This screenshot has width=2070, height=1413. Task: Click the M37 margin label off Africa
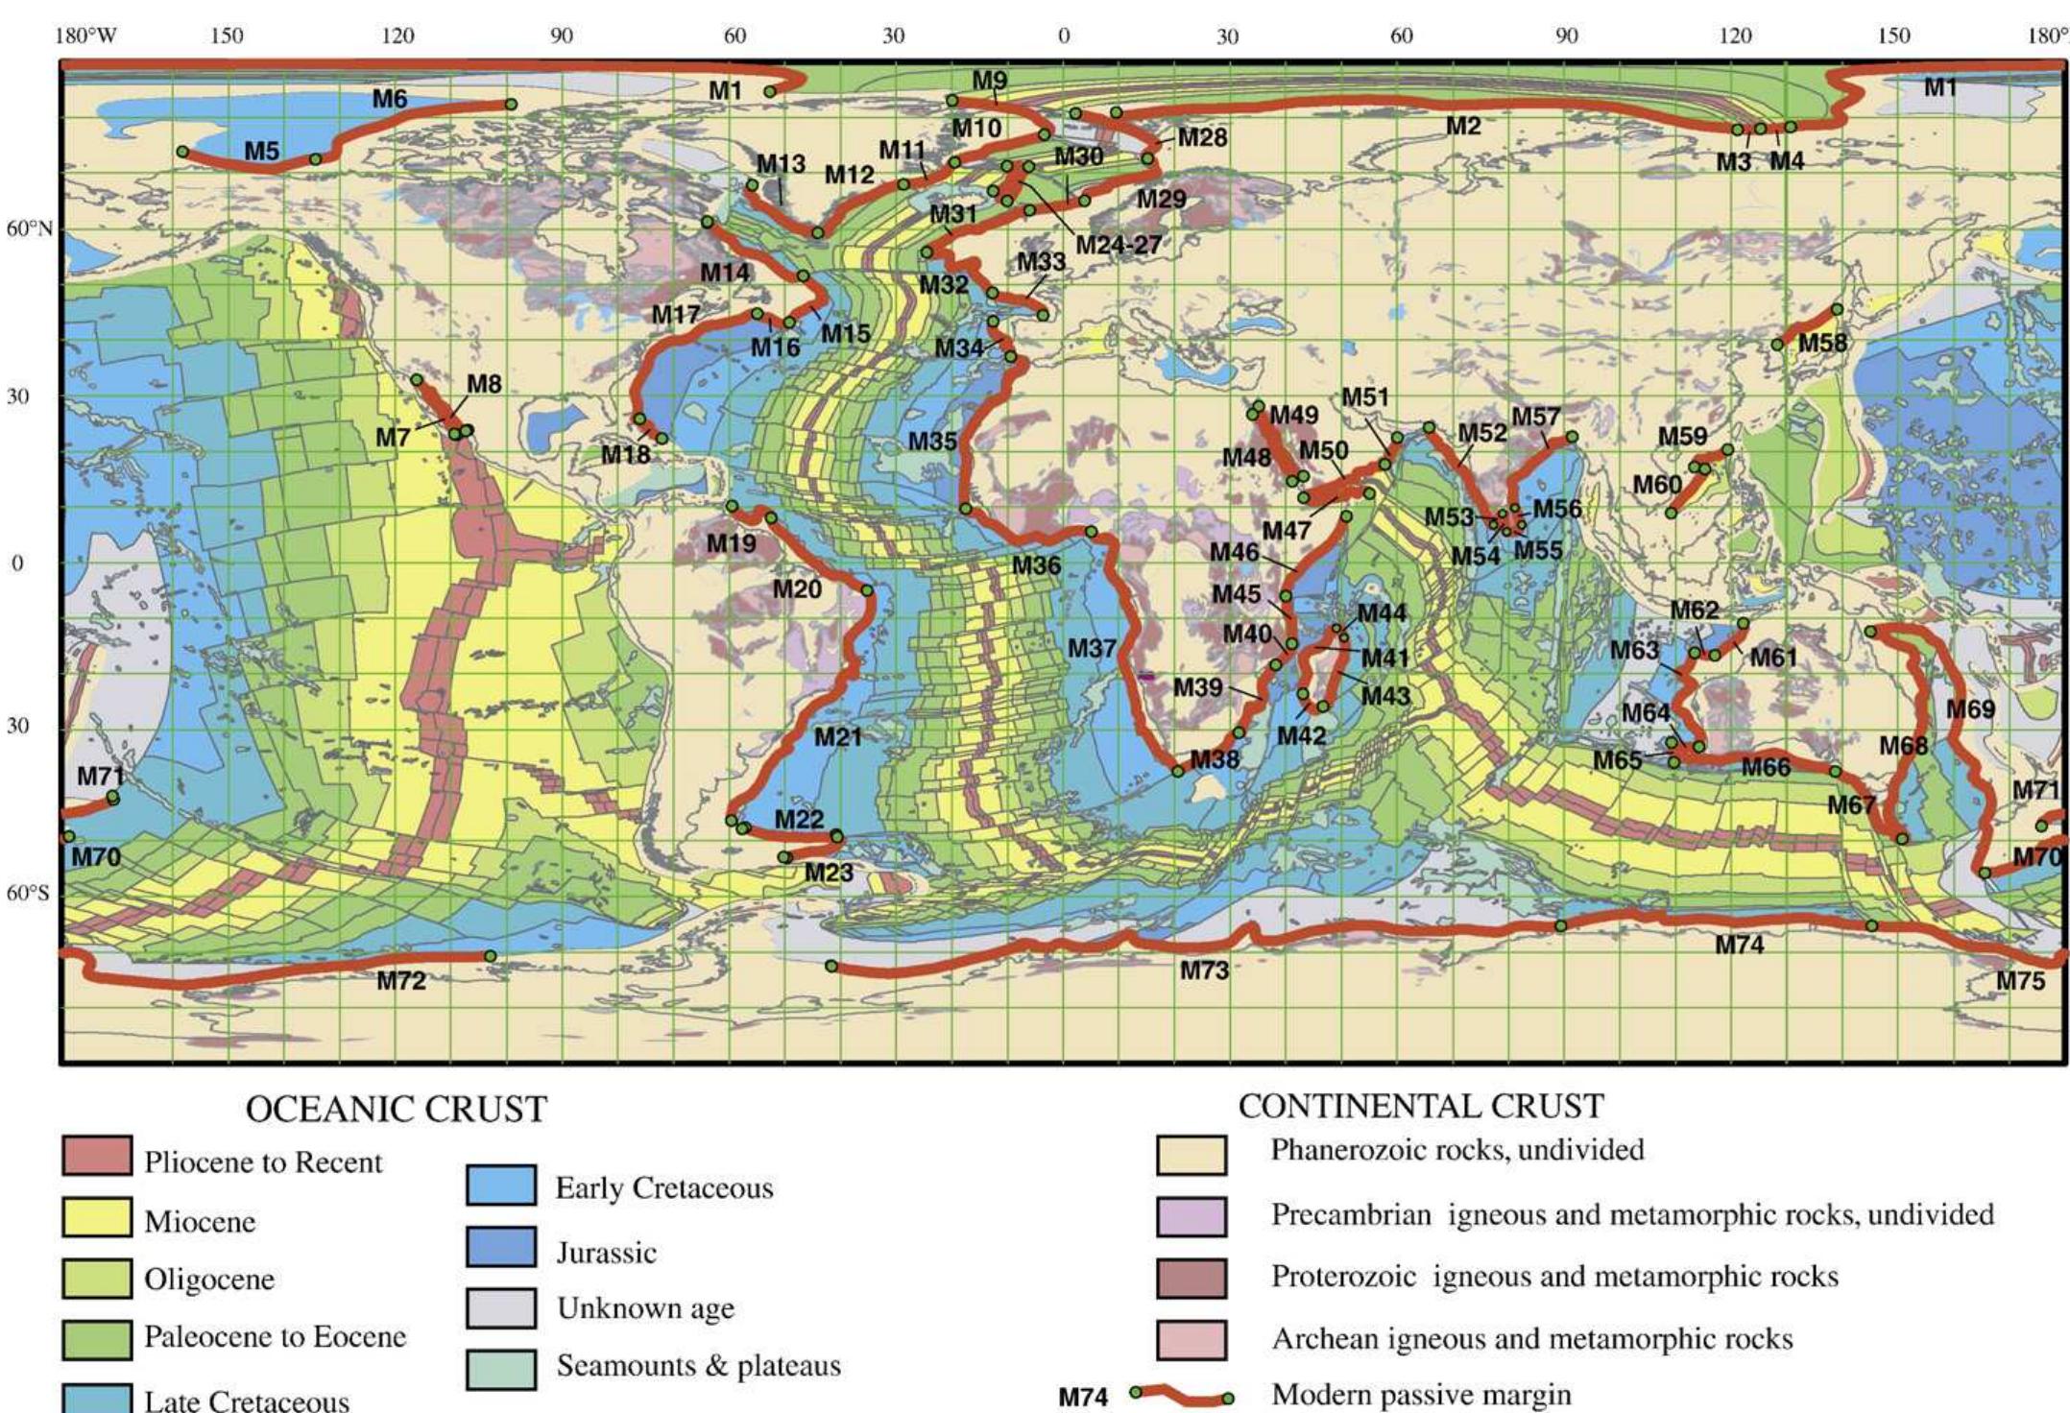click(x=1092, y=648)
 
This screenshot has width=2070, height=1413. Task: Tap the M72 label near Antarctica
click(x=401, y=980)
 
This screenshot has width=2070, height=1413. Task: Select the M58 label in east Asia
click(x=1822, y=343)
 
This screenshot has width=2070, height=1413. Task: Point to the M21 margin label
click(x=838, y=737)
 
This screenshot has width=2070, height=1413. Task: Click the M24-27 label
click(x=1118, y=245)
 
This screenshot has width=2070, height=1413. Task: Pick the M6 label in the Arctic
click(x=390, y=98)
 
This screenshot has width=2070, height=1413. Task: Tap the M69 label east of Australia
click(x=1970, y=709)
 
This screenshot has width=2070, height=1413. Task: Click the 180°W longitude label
click(x=85, y=36)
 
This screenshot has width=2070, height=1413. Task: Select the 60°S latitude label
click(x=28, y=894)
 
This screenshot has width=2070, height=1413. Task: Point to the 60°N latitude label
click(x=29, y=228)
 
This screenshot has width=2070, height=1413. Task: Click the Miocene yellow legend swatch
click(x=97, y=1217)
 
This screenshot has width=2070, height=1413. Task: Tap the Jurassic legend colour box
click(x=501, y=1247)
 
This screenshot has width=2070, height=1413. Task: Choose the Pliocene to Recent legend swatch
click(x=97, y=1156)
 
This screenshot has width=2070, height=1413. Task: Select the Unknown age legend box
click(x=501, y=1307)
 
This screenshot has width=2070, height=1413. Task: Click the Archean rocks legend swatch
click(x=1191, y=1339)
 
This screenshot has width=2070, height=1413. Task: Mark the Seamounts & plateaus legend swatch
click(x=501, y=1369)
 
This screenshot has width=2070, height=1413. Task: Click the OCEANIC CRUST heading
click(x=396, y=1110)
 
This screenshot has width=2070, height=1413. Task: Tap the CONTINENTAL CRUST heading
click(x=1420, y=1106)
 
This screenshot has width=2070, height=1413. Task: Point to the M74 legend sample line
click(x=1182, y=1395)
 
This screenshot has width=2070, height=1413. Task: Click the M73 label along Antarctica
click(x=1204, y=970)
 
